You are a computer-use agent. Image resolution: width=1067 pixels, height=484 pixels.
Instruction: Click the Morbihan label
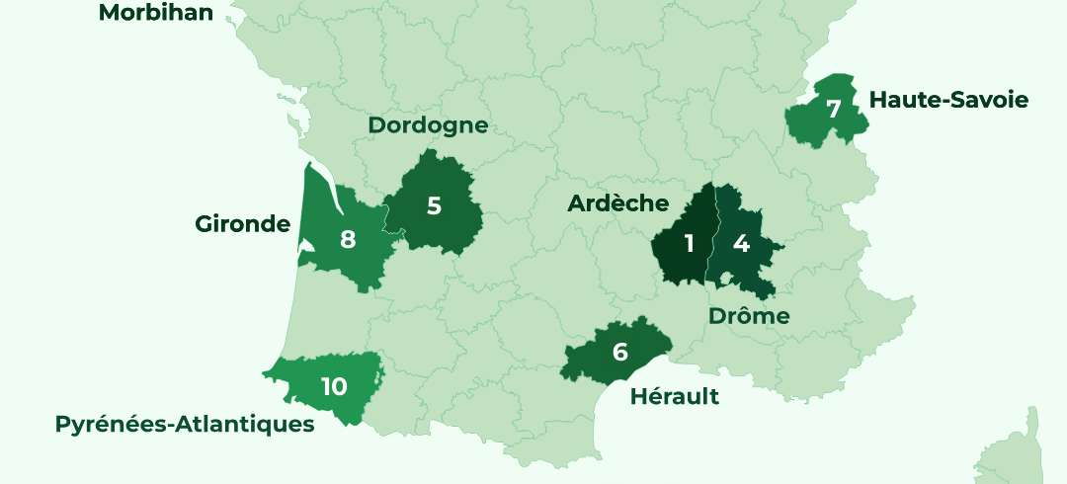pyautogui.click(x=155, y=13)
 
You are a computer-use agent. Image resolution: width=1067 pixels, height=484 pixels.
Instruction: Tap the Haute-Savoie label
pyautogui.click(x=947, y=100)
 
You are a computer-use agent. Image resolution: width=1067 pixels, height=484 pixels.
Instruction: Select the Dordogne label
pyautogui.click(x=428, y=125)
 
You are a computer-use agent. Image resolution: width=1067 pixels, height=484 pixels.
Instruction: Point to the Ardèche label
pyautogui.click(x=617, y=203)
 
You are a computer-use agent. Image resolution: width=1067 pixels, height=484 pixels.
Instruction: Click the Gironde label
pyautogui.click(x=242, y=224)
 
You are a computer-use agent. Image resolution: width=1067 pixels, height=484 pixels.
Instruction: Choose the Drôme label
pyautogui.click(x=749, y=316)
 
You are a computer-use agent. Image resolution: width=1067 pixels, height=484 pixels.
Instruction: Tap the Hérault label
pyautogui.click(x=675, y=397)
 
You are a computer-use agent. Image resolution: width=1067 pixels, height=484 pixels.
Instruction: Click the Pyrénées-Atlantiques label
pyautogui.click(x=185, y=425)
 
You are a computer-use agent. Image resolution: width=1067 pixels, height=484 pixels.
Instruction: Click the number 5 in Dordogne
pyautogui.click(x=434, y=206)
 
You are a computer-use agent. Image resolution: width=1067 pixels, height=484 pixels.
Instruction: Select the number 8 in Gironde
pyautogui.click(x=347, y=239)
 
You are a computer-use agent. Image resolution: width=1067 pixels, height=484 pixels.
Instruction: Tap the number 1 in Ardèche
pyautogui.click(x=689, y=243)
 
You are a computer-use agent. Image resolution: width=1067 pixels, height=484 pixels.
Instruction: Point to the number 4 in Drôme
pyautogui.click(x=741, y=243)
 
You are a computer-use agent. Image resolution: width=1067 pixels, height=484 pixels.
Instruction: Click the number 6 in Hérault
pyautogui.click(x=619, y=352)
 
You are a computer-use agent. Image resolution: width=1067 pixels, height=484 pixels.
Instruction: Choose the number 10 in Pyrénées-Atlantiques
pyautogui.click(x=334, y=386)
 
